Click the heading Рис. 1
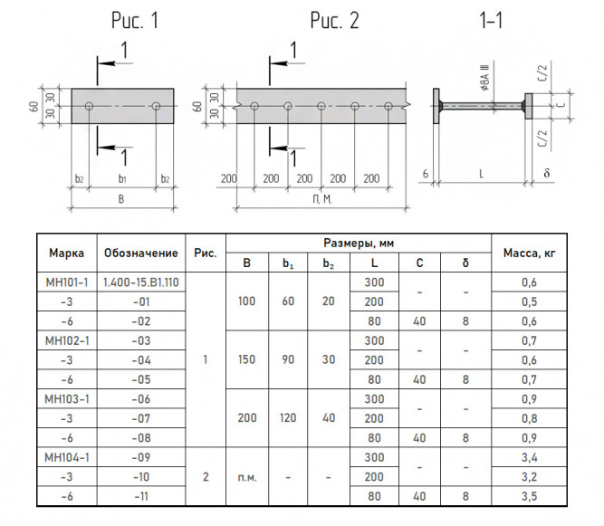(x=135, y=21)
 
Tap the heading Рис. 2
(x=334, y=21)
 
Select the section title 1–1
(x=491, y=21)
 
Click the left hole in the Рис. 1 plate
(x=89, y=106)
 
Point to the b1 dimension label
(x=122, y=178)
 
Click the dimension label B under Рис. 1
(x=121, y=199)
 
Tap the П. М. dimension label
(x=322, y=199)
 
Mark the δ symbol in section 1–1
(x=547, y=173)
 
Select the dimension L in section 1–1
(x=481, y=175)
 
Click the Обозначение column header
(x=141, y=253)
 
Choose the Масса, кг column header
(x=529, y=253)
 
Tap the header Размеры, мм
(x=359, y=243)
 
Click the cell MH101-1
(x=67, y=282)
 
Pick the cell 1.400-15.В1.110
(x=141, y=282)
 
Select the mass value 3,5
(x=529, y=496)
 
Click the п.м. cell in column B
(x=247, y=477)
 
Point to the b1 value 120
(x=288, y=417)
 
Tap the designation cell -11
(x=141, y=496)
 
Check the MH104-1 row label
(x=67, y=457)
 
